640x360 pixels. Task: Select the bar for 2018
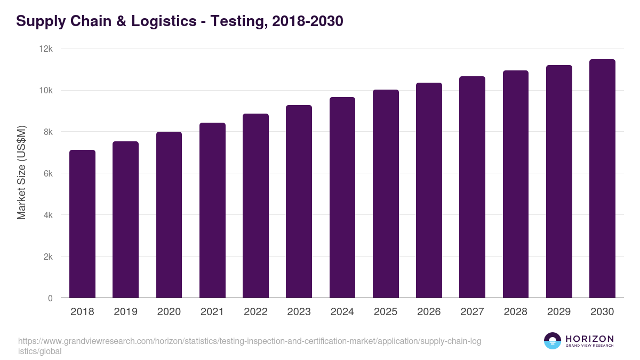82,224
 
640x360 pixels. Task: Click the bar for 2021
212,211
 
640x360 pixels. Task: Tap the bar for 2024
342,197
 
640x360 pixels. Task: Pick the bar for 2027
472,187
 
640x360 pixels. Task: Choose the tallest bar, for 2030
602,179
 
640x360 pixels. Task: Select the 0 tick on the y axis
50,298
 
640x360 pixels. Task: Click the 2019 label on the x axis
125,312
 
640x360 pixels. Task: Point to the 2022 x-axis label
255,312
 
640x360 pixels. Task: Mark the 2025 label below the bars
386,312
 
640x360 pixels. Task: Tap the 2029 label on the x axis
559,312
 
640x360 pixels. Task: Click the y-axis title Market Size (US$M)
21,172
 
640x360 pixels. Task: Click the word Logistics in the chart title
163,21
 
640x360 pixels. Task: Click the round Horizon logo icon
553,341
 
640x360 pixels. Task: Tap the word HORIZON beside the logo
589,339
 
